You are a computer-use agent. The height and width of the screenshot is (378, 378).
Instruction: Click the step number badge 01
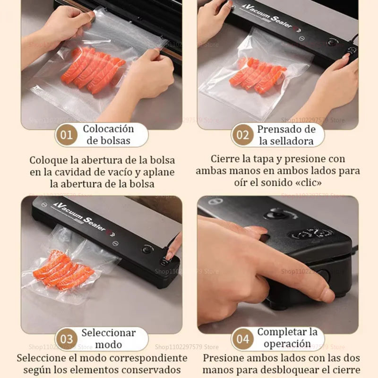tap(67, 135)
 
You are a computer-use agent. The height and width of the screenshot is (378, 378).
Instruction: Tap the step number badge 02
tap(242, 135)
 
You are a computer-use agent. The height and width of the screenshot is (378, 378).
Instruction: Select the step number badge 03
tap(67, 339)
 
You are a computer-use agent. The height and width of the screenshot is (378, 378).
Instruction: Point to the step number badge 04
tap(242, 339)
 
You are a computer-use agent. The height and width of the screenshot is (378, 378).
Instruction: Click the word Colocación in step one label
tap(108, 129)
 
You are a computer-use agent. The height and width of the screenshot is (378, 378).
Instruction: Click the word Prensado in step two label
tap(281, 129)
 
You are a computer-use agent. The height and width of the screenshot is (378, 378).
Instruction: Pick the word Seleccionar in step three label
tap(108, 333)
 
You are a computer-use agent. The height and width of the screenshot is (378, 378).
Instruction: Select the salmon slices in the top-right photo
tap(258, 76)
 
